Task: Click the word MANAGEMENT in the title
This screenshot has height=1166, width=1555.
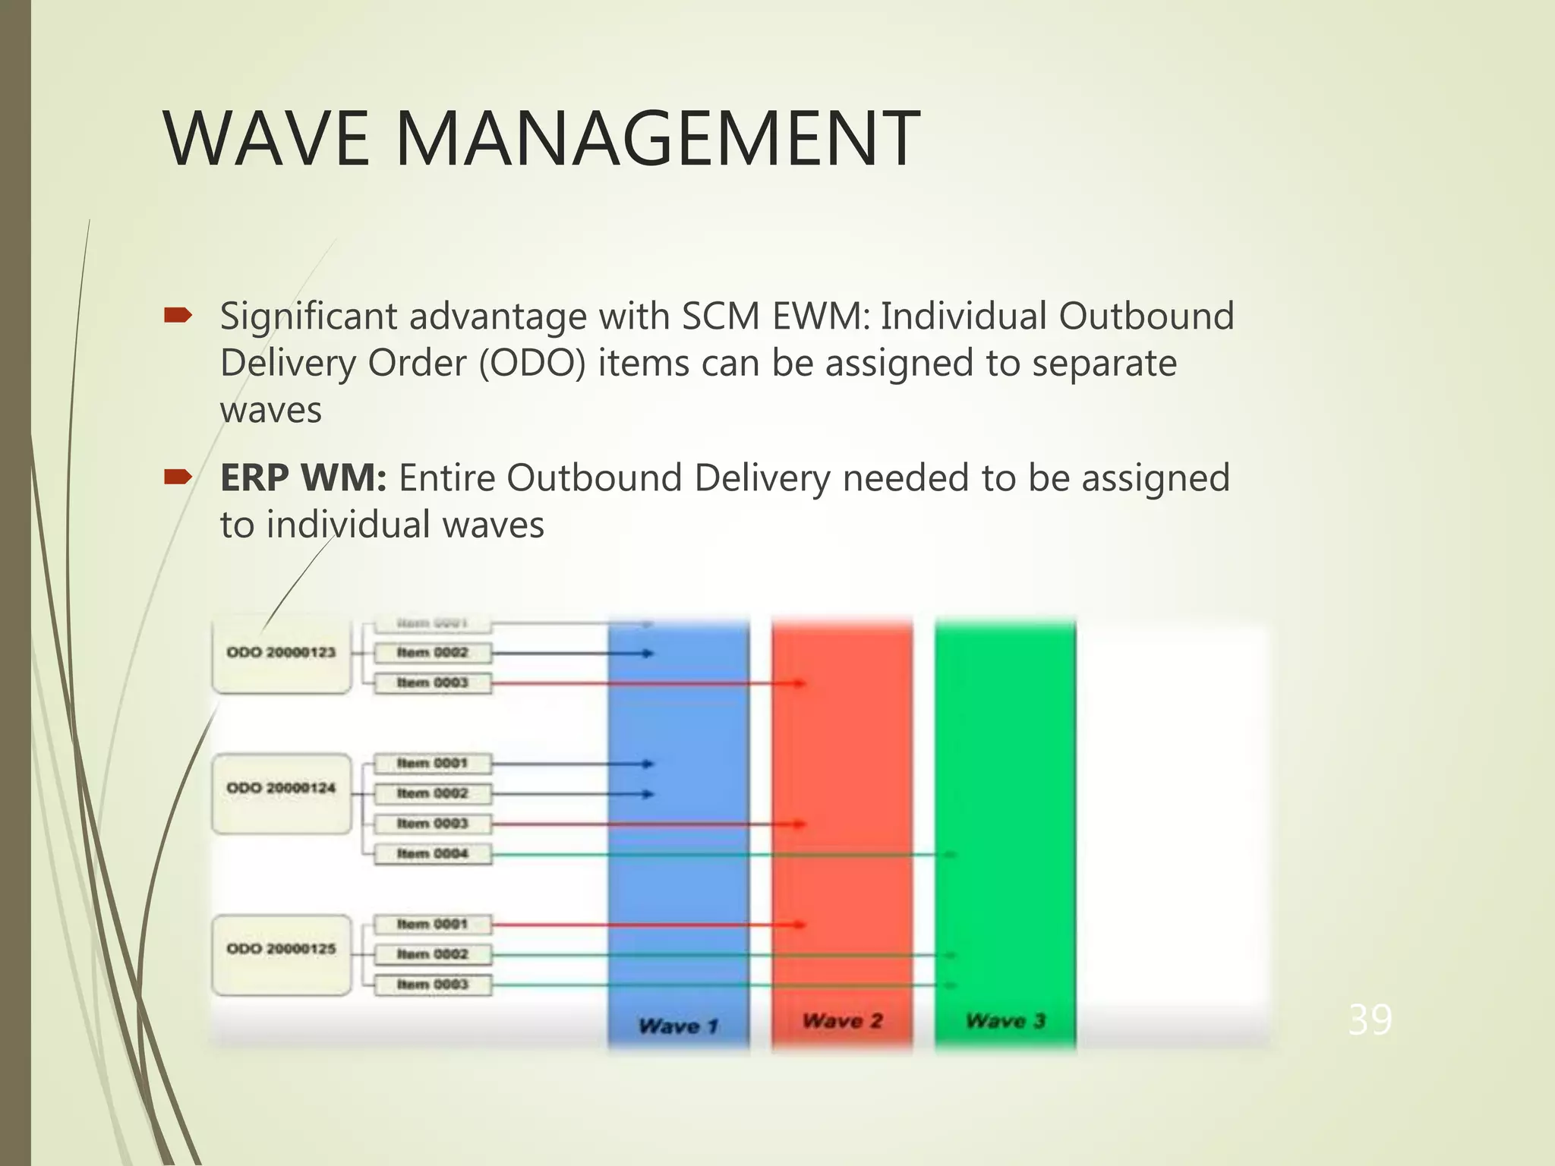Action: [657, 138]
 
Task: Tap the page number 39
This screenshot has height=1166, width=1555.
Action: [1369, 1019]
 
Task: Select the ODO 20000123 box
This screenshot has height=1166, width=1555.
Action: [281, 653]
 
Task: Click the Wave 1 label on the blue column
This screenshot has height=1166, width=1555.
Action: [678, 1026]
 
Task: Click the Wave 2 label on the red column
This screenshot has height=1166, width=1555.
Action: [842, 1021]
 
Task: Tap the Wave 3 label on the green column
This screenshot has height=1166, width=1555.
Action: [1005, 1021]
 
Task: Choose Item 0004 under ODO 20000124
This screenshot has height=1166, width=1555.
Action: [433, 854]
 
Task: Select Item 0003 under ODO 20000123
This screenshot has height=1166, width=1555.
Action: [433, 683]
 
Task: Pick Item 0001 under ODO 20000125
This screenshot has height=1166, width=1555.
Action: [433, 925]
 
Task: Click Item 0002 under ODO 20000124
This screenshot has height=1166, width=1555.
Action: [433, 793]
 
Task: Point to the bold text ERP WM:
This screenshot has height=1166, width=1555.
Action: [303, 478]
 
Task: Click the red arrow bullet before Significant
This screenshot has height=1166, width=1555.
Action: [178, 315]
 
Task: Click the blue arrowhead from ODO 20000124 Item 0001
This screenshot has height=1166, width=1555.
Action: [648, 764]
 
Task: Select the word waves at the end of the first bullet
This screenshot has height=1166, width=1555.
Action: [271, 410]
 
